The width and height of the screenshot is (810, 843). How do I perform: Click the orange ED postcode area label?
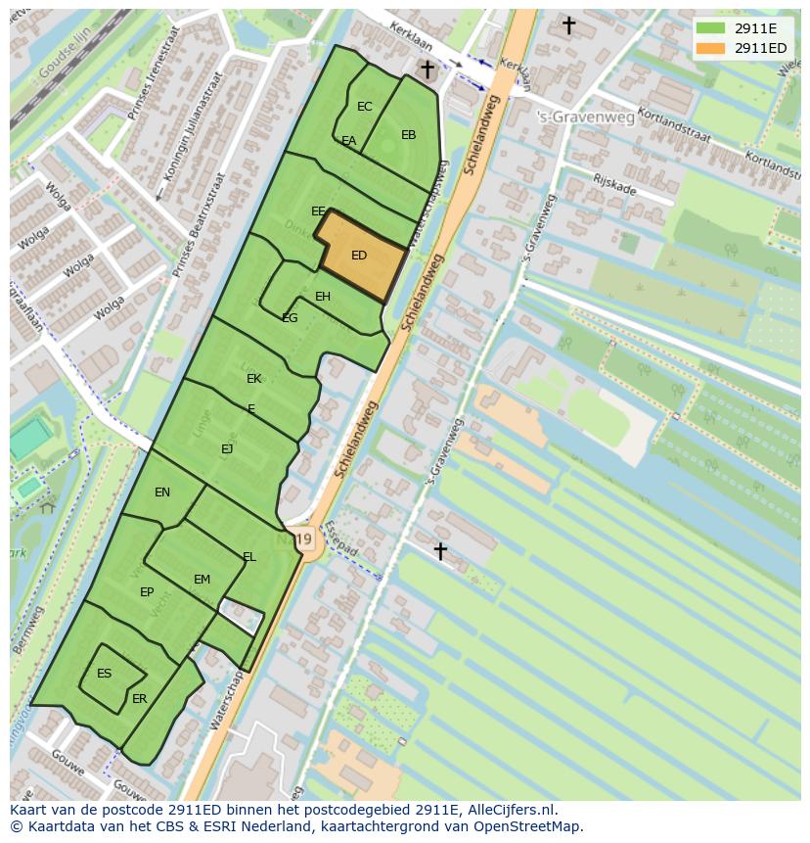(x=359, y=256)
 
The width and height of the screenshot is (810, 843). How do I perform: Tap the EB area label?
(x=409, y=135)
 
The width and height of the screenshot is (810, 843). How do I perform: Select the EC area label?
(x=365, y=107)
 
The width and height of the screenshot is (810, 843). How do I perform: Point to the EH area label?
(x=323, y=297)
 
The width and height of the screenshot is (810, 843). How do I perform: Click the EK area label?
(x=254, y=379)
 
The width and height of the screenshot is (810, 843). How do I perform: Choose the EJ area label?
(x=227, y=449)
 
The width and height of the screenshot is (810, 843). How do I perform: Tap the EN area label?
(x=162, y=492)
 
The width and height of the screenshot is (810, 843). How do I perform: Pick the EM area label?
(x=202, y=580)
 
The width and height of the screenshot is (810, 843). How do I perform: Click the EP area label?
(x=147, y=592)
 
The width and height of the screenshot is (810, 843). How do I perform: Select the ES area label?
(x=105, y=674)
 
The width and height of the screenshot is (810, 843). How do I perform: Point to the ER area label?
(x=139, y=699)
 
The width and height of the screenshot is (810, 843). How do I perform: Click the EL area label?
(x=249, y=557)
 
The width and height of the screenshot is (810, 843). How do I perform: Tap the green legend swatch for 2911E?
(x=710, y=28)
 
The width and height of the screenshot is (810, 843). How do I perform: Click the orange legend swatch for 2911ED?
(x=710, y=48)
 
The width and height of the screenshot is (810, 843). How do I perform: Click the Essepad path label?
(x=343, y=541)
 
